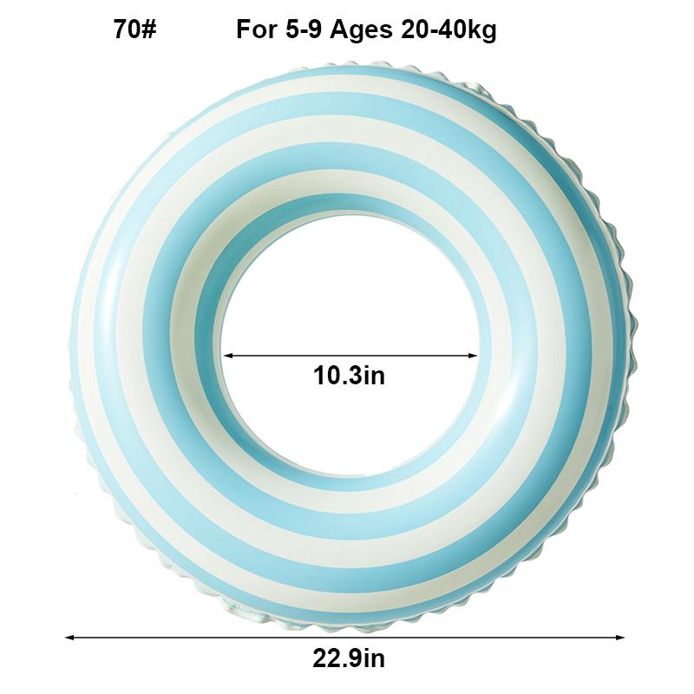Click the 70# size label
point(134,30)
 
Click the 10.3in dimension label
point(349,376)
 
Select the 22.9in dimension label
point(349,658)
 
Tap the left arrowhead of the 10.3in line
point(228,355)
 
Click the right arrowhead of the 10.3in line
point(474,355)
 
